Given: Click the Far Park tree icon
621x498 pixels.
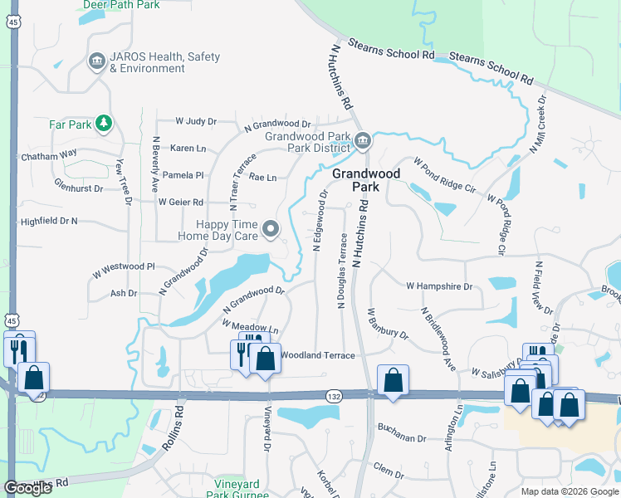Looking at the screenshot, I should point(103,124).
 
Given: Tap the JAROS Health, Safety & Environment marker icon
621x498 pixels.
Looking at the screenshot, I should point(96,61).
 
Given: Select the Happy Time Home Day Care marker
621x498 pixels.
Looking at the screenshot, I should point(271,228).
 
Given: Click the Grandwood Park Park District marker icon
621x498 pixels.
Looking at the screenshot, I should point(362,142).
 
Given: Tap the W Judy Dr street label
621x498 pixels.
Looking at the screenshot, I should point(196,121).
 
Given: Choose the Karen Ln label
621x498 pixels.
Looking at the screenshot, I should point(188,149).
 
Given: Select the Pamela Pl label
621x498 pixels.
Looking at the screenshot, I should point(183,175).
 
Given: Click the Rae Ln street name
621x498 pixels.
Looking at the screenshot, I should point(262,178).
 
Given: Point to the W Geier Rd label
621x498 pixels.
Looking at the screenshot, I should point(180,202).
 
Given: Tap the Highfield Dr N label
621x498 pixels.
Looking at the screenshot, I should point(49,222).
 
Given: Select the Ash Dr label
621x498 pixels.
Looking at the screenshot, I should point(124,293).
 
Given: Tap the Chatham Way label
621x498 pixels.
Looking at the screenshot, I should point(49,154).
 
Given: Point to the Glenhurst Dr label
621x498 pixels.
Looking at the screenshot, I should point(78,188).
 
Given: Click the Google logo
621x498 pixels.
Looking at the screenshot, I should point(27,488).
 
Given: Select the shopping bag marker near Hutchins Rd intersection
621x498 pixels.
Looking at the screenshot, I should point(392,381).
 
